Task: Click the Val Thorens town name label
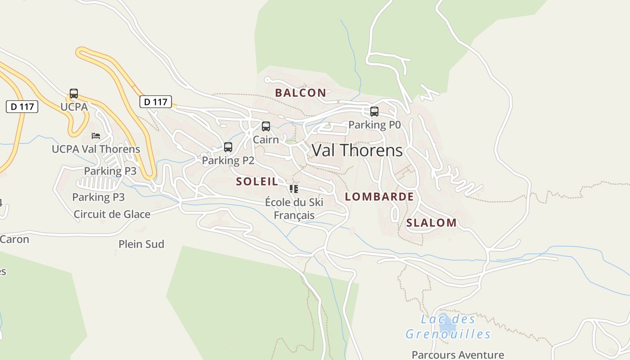pos(357,150)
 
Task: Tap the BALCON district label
pos(300,93)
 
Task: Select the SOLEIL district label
pos(257,182)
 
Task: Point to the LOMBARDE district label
pos(379,197)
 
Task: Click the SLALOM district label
pos(431,223)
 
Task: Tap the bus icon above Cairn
pos(266,126)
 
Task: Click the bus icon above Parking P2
pos(228,147)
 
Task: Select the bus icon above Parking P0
pos(374,112)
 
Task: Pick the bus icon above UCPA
pos(74,94)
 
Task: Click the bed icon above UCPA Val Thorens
pos(95,135)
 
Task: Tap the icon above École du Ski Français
pos(294,189)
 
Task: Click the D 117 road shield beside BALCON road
pos(156,102)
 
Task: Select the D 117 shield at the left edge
pos(22,107)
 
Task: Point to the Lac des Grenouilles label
pos(448,327)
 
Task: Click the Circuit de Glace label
pos(112,214)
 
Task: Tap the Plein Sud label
pos(141,244)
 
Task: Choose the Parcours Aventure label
pos(458,355)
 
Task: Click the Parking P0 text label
pos(374,125)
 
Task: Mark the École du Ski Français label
pos(294,209)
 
